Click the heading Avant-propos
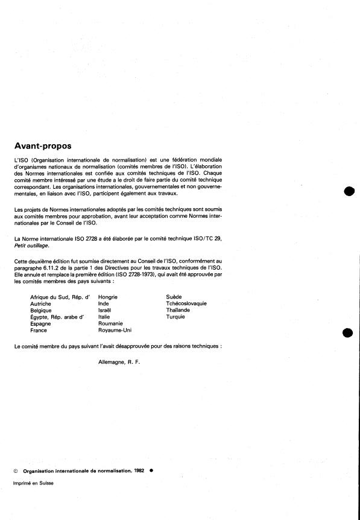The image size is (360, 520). click(42, 146)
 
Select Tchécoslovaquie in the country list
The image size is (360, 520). click(186, 304)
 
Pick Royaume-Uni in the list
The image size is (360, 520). click(115, 331)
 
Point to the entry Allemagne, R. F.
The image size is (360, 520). click(118, 361)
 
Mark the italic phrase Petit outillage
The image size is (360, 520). click(30, 246)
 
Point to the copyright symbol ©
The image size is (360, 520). click(16, 471)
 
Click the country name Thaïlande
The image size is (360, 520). click(178, 311)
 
